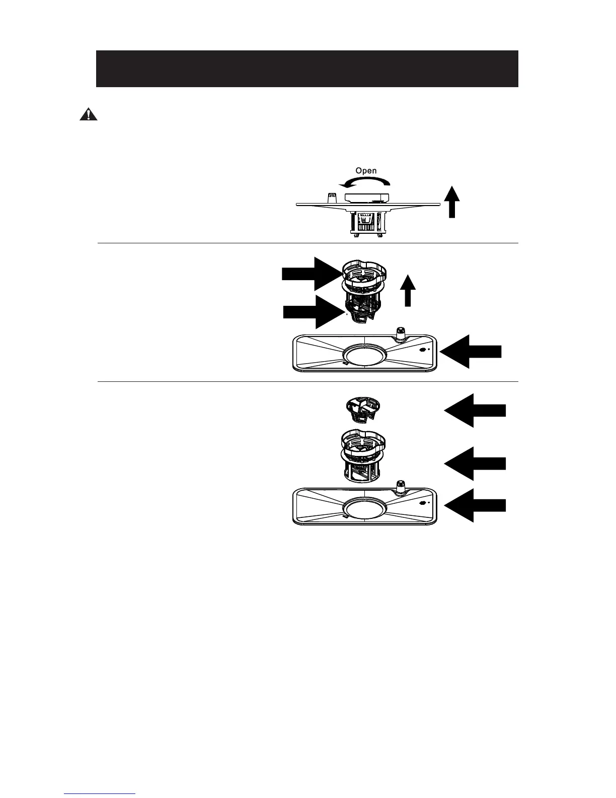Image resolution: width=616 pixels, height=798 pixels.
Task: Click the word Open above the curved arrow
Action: (366, 171)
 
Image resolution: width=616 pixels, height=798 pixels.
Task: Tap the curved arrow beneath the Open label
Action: (365, 182)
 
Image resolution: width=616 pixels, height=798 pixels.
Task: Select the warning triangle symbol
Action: (88, 115)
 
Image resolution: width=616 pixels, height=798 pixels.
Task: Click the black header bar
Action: (307, 69)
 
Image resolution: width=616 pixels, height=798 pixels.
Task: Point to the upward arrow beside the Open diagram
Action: (453, 202)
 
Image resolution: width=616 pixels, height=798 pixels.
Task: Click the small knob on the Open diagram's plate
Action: (331, 197)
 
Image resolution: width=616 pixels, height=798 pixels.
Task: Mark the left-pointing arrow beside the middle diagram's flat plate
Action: (472, 353)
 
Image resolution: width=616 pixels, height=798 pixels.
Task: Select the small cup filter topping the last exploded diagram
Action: (361, 409)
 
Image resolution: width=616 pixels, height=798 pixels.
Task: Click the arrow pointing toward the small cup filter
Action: (475, 410)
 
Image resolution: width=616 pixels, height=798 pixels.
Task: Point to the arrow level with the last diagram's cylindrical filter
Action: (475, 463)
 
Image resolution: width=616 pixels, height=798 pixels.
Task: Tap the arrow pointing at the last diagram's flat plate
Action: (475, 505)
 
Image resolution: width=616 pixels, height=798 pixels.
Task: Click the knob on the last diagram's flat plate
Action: (401, 487)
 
